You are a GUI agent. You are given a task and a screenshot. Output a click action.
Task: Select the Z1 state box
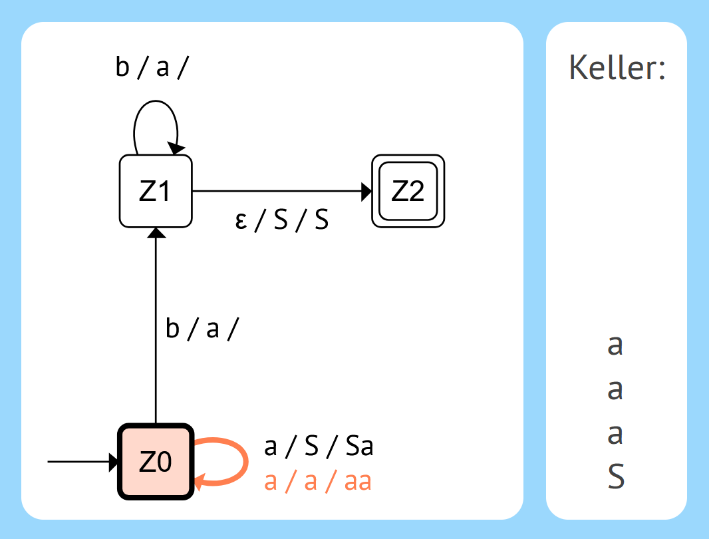[156, 191]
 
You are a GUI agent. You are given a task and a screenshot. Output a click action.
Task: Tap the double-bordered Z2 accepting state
[408, 191]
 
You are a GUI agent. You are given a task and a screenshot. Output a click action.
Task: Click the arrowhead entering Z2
[366, 191]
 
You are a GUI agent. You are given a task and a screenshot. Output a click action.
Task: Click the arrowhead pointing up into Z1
[156, 232]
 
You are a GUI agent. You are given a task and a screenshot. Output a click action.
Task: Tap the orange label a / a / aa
[318, 481]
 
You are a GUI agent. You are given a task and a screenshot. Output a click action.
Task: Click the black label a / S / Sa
[319, 447]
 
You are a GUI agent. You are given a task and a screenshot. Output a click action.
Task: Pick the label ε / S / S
[282, 220]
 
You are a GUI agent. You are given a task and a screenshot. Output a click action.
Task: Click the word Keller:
[617, 69]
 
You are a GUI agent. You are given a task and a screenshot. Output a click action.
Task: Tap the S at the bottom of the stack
[616, 476]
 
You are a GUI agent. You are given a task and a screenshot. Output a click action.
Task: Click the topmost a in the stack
[615, 345]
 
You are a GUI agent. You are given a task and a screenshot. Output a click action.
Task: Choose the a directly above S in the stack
[615, 434]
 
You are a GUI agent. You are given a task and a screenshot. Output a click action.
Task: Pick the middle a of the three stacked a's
[615, 389]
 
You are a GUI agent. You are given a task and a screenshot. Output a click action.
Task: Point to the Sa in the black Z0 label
[359, 447]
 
